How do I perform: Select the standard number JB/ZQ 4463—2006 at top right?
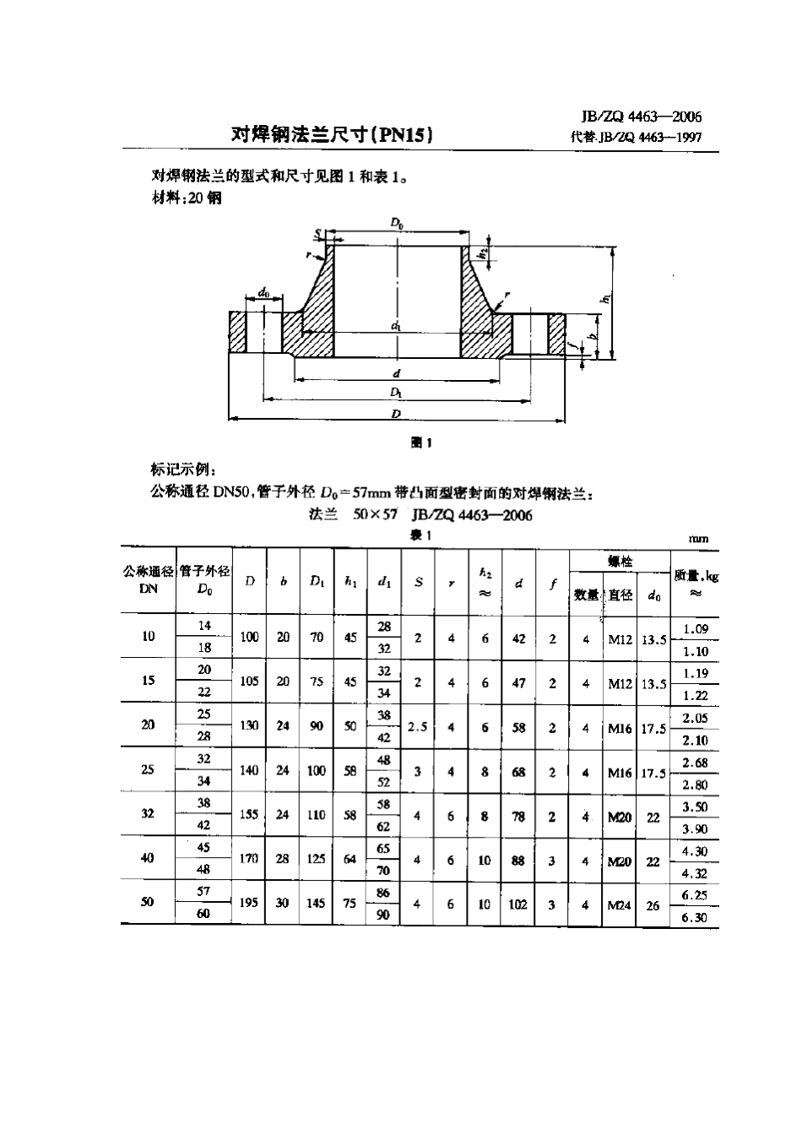point(642,117)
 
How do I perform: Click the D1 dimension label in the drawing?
point(395,393)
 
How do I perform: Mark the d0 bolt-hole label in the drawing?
point(263,293)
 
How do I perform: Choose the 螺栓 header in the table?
point(620,561)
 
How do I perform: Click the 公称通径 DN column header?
point(149,580)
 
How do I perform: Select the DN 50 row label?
point(148,902)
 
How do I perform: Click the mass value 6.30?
point(695,918)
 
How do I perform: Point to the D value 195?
point(249,903)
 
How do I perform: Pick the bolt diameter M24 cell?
point(620,904)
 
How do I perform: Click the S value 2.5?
point(418,726)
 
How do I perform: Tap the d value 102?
point(518,904)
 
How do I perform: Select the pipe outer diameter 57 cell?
point(203,891)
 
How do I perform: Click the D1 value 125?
point(317,859)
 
